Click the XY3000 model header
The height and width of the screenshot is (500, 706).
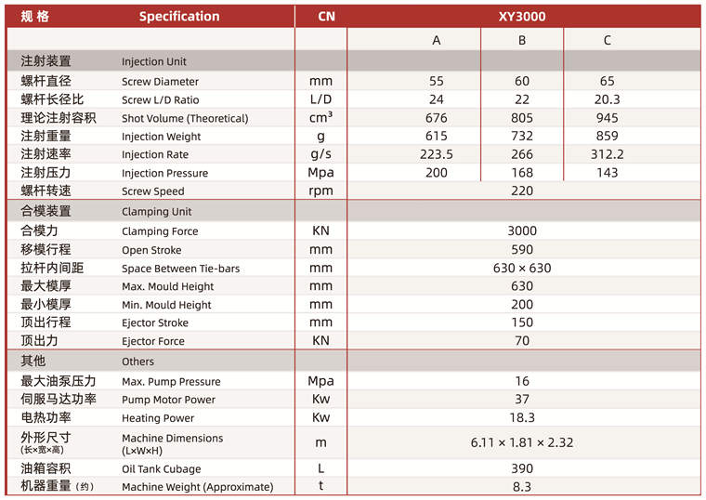pos(522,16)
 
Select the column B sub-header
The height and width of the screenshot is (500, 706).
pos(522,40)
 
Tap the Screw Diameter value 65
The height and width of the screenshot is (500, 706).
pos(608,81)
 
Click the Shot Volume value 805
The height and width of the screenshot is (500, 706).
pos(522,118)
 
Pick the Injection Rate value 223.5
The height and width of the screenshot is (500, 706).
pos(437,154)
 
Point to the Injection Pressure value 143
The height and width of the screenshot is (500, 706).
pos(608,173)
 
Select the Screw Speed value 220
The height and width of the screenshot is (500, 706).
pos(522,191)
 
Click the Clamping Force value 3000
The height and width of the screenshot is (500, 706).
pos(522,230)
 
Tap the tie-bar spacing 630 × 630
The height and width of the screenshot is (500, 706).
pos(522,268)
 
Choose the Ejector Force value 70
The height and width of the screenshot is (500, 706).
pos(522,341)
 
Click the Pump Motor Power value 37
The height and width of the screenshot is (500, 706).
pos(522,400)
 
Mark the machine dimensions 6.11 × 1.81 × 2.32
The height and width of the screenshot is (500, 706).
pos(522,442)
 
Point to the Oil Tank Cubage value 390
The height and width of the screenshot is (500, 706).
pos(522,468)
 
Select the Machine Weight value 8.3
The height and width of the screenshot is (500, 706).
pos(522,486)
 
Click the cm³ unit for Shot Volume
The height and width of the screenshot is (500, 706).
pos(321,118)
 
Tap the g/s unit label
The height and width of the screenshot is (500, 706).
pos(321,154)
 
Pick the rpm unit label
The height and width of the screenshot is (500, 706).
pos(321,191)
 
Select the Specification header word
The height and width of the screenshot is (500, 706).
pos(179,16)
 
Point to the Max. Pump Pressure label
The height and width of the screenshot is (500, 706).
pos(171,381)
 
